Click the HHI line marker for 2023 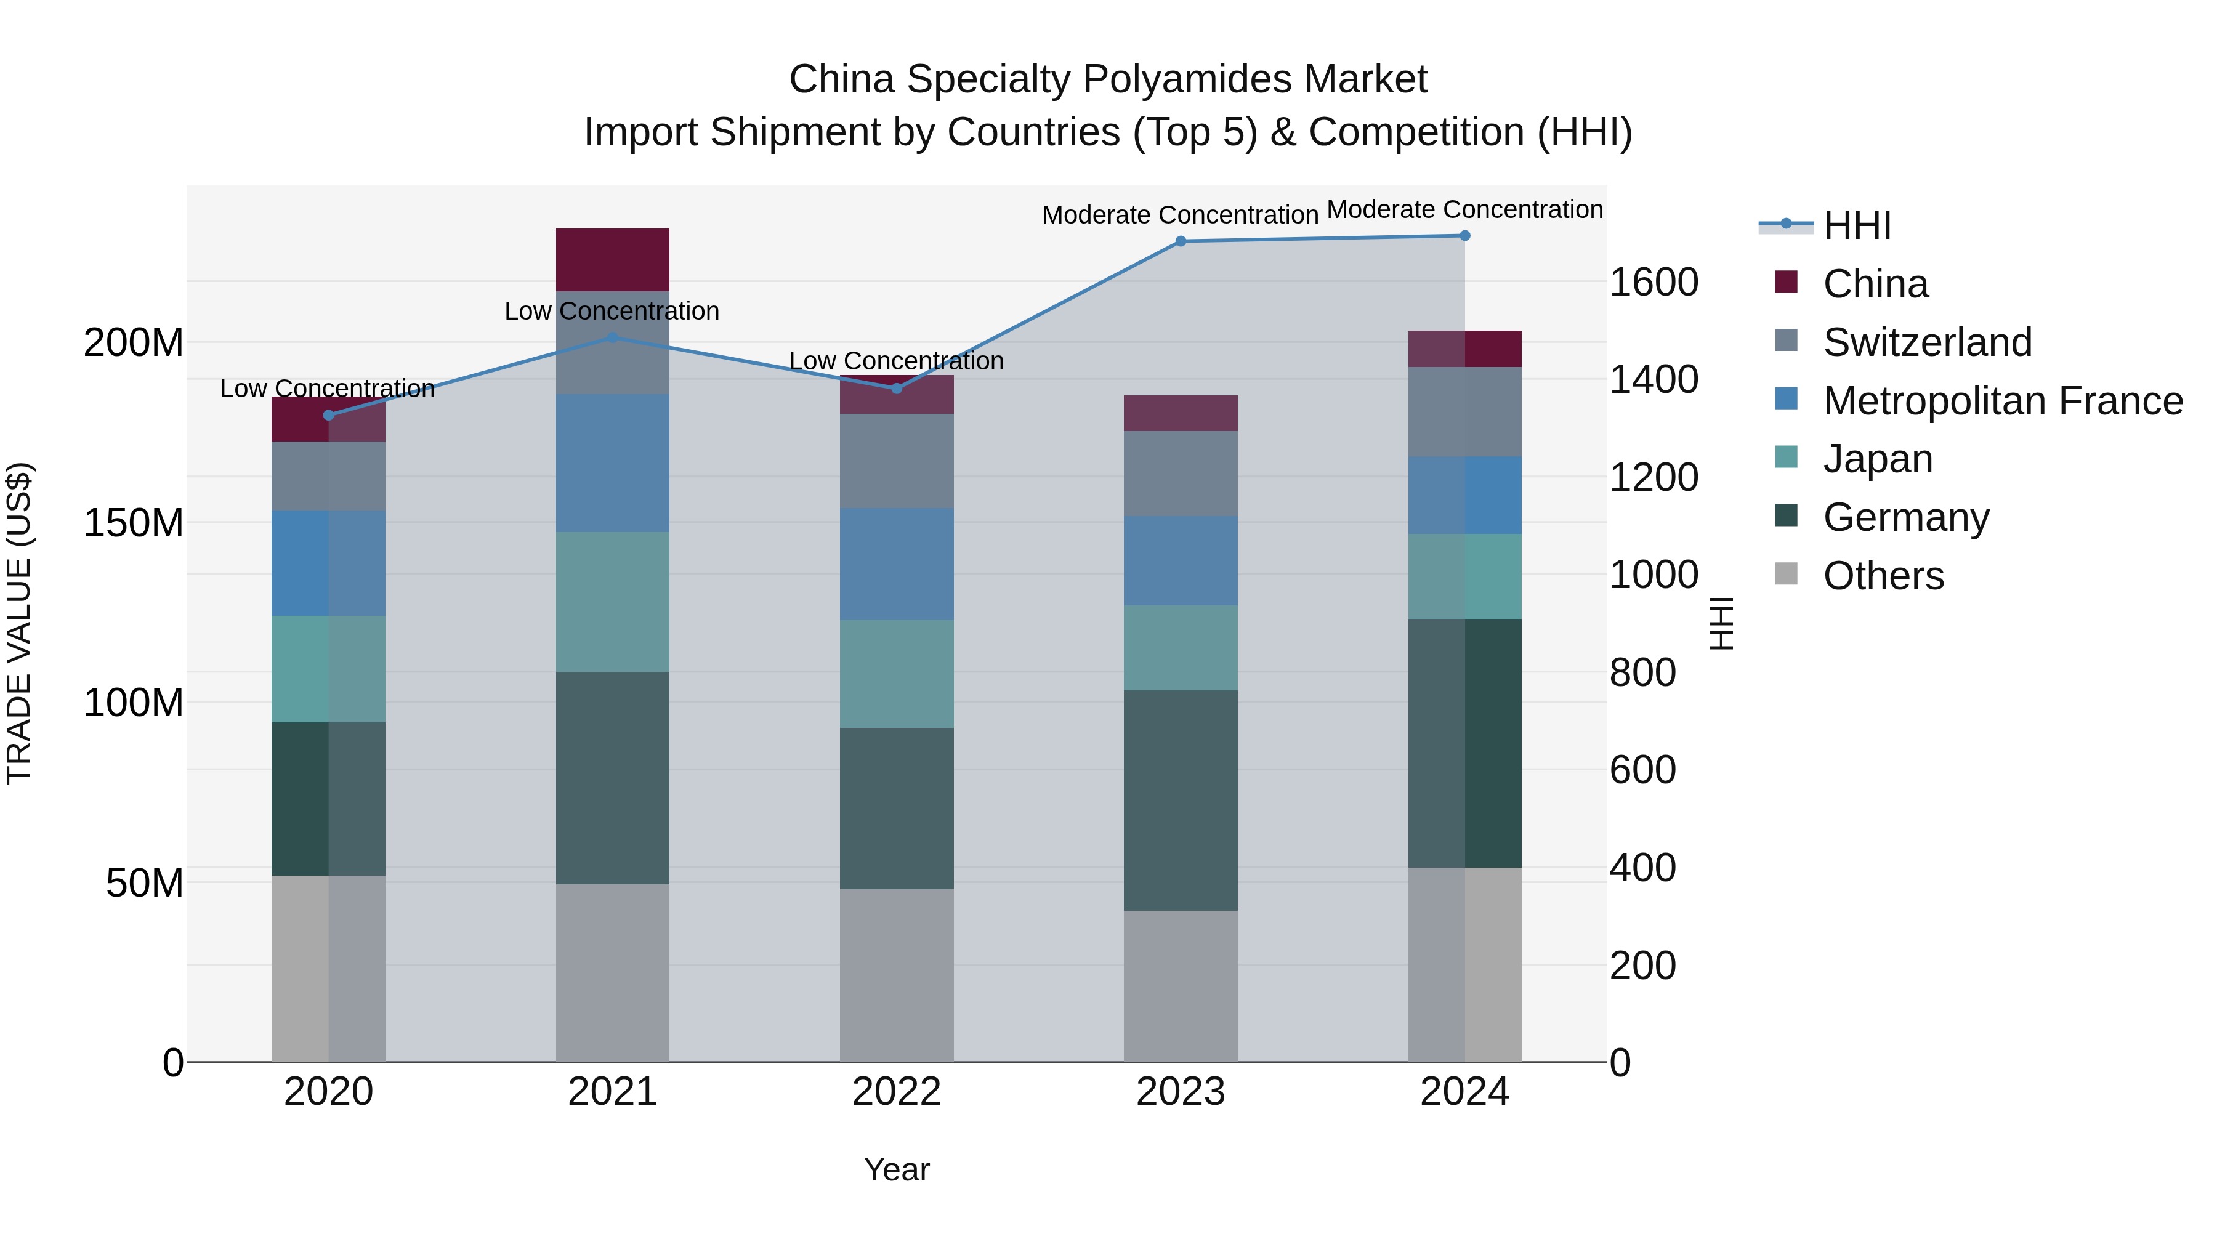pos(1180,242)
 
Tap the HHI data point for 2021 pos(612,338)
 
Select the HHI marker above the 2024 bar pos(1464,236)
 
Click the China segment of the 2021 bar pos(612,260)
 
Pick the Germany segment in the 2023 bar pos(1180,801)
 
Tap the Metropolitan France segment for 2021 pos(612,463)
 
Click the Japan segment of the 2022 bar pos(896,674)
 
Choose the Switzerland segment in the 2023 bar pos(1180,474)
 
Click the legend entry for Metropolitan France pos(2002,401)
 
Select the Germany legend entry pos(1905,517)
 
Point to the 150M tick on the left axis pos(134,522)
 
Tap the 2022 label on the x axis pos(896,1092)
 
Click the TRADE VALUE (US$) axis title pos(20,623)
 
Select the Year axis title pos(896,1169)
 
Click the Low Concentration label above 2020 pos(327,389)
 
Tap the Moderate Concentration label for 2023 pos(1180,215)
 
